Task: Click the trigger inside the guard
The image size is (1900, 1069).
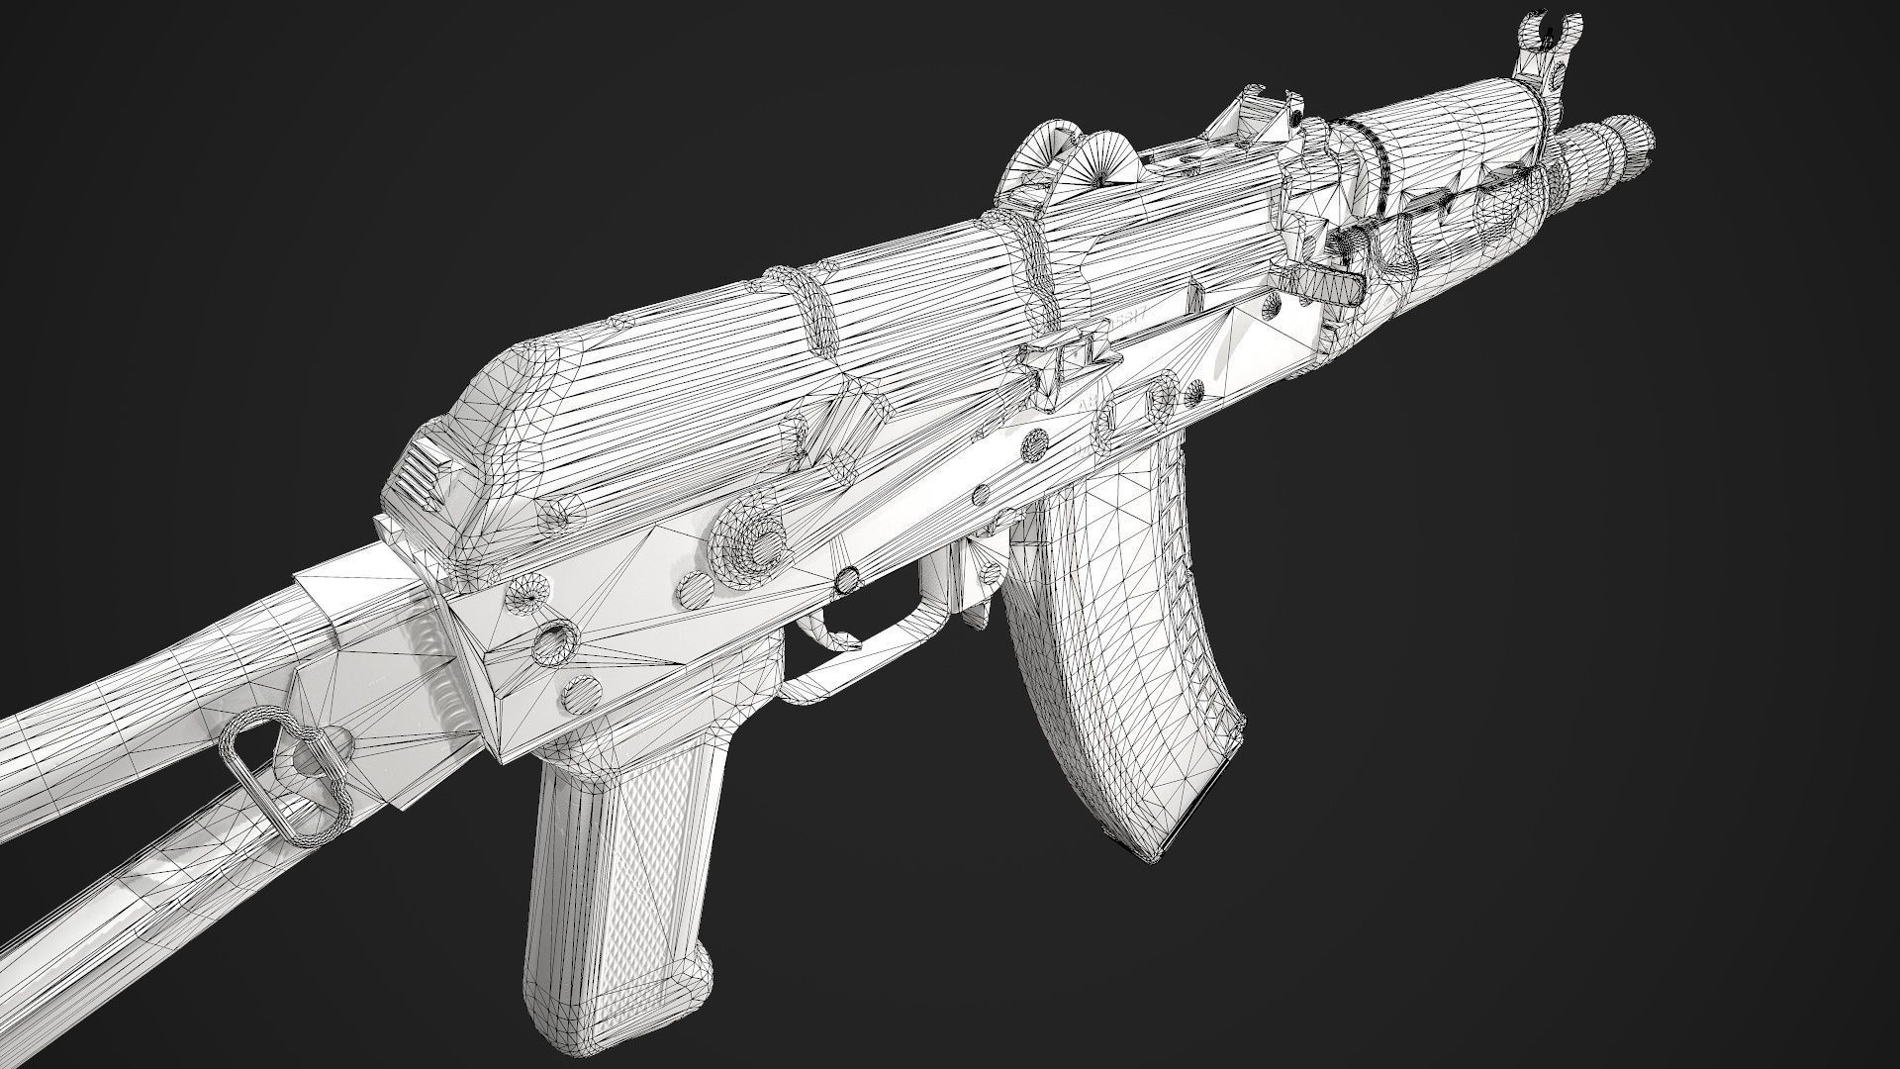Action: (826, 633)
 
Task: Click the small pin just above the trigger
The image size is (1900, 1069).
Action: (847, 576)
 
